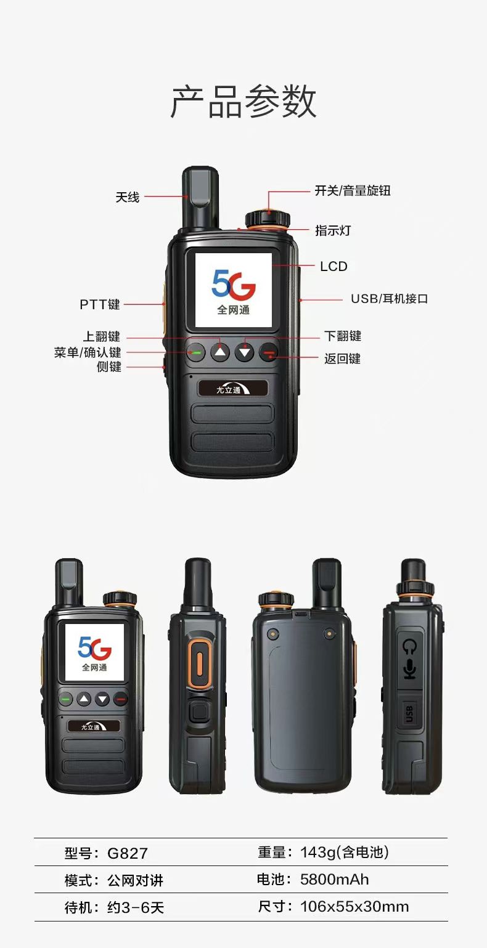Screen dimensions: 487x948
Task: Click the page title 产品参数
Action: (243, 102)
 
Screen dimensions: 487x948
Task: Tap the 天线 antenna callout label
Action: (128, 197)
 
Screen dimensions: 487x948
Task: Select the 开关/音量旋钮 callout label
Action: (353, 191)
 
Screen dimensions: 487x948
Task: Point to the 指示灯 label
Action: (333, 230)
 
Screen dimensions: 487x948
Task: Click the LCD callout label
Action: (334, 266)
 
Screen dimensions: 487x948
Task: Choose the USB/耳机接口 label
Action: (389, 299)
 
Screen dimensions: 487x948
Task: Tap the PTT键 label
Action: (100, 304)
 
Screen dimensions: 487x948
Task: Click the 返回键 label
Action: (342, 359)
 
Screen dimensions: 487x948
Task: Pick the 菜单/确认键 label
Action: (88, 352)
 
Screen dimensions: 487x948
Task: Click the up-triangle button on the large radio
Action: (220, 352)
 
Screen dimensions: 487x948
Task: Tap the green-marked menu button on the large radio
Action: (195, 352)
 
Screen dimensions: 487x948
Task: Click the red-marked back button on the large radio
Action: (269, 352)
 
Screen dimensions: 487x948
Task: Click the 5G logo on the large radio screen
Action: (234, 283)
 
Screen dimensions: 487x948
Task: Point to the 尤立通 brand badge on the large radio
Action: (232, 389)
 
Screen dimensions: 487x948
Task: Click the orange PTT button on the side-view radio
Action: (199, 663)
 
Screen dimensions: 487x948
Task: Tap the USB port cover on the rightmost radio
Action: (409, 714)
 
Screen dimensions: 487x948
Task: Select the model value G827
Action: (128, 853)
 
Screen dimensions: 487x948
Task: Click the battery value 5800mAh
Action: (335, 880)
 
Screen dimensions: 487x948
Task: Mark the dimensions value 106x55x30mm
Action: (354, 907)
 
